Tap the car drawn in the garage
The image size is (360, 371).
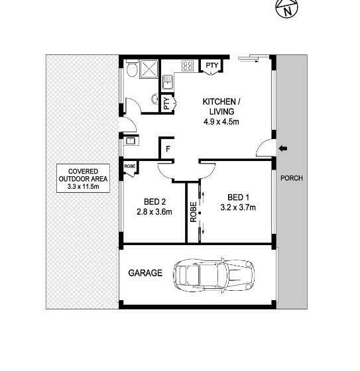214,275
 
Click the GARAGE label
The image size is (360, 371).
145,273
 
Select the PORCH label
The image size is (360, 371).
292,178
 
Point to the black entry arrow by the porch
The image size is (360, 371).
283,148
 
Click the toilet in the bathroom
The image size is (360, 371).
132,68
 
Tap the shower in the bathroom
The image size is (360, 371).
149,69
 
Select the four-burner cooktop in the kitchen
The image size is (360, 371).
188,66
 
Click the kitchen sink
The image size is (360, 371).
168,82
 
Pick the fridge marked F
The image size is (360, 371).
168,149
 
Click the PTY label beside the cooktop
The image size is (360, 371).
211,66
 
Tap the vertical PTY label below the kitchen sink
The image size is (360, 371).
166,103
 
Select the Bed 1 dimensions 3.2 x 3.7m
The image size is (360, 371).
238,207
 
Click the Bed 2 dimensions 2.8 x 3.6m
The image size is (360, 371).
154,212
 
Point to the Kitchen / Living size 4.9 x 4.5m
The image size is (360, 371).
221,122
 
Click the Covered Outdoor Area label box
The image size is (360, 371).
83,178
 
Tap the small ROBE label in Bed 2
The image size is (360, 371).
130,166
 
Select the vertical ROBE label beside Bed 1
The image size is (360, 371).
194,212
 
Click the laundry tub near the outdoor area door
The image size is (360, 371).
130,140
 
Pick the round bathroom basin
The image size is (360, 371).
155,99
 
